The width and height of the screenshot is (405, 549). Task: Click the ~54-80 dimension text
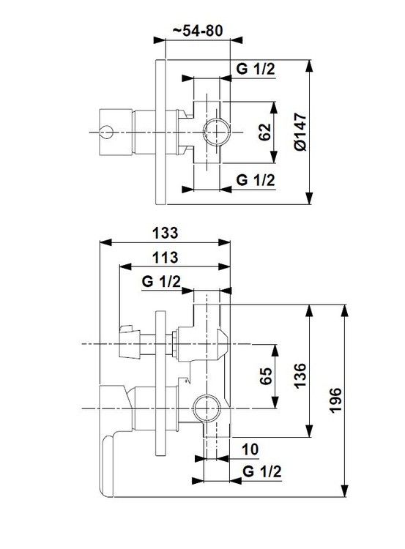click(198, 31)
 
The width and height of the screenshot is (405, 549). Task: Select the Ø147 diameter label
click(300, 132)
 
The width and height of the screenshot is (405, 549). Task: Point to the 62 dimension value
click(265, 132)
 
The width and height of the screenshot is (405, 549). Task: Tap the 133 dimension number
click(165, 233)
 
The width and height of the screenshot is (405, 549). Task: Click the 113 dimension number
click(165, 258)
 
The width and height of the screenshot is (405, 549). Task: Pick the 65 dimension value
click(266, 376)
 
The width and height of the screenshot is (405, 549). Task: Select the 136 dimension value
click(300, 376)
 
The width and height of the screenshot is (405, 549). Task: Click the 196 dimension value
click(335, 400)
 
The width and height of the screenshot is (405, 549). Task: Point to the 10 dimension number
click(250, 449)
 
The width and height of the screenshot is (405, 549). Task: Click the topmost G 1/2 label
click(256, 69)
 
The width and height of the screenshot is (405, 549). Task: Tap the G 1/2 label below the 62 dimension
click(256, 180)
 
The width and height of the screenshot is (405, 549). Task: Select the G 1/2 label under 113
click(161, 282)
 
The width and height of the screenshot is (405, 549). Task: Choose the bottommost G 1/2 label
click(261, 471)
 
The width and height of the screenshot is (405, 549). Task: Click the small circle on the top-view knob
click(106, 132)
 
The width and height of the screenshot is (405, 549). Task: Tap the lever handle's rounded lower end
click(107, 466)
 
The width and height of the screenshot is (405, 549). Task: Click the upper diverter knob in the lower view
click(130, 344)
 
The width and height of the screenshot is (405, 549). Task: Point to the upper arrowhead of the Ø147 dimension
click(308, 66)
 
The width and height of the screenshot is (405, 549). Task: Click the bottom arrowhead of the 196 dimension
click(345, 490)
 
